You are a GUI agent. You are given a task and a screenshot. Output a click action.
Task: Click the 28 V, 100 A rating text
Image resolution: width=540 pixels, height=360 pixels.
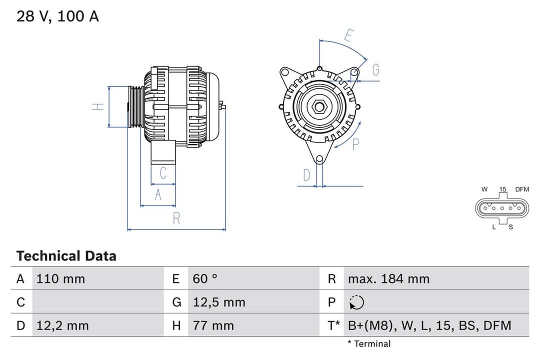[57, 16]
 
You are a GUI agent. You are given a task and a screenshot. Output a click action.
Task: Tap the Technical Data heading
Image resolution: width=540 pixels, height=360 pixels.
[66, 256]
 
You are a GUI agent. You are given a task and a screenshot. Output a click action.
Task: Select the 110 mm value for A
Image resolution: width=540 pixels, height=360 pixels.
[60, 278]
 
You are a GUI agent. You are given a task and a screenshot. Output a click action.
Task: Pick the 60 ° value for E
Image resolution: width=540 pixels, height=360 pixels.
[205, 278]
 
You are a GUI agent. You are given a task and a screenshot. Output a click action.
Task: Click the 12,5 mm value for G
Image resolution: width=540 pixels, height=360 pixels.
[219, 302]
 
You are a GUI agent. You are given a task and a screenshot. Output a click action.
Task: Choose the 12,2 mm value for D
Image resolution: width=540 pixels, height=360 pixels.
[62, 325]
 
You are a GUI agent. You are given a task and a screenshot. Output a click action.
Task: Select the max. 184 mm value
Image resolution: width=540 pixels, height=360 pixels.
[388, 278]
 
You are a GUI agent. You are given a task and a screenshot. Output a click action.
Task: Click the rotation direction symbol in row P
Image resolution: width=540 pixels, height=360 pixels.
[357, 302]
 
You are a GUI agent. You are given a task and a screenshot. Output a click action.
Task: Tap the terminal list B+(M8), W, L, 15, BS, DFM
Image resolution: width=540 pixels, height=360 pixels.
[429, 325]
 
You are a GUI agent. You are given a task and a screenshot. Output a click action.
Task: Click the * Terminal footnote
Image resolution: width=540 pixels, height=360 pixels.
[369, 343]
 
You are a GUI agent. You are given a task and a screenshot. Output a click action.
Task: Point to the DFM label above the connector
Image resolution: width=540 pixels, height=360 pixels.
[522, 189]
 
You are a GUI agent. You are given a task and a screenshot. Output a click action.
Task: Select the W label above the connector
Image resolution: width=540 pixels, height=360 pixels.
[484, 189]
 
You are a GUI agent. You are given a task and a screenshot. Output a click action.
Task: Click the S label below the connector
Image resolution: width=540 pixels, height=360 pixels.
[510, 227]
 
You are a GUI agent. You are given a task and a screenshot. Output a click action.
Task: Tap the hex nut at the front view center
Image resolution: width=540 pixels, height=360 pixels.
[319, 106]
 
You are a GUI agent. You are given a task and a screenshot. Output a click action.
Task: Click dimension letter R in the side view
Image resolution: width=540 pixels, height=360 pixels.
[176, 218]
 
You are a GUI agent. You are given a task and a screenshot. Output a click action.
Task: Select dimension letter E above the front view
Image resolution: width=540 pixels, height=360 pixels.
[349, 35]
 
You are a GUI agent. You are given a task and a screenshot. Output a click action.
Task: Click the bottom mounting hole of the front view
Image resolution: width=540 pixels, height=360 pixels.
[319, 159]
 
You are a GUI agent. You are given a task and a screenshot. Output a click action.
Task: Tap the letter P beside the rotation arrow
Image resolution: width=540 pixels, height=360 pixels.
[356, 144]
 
